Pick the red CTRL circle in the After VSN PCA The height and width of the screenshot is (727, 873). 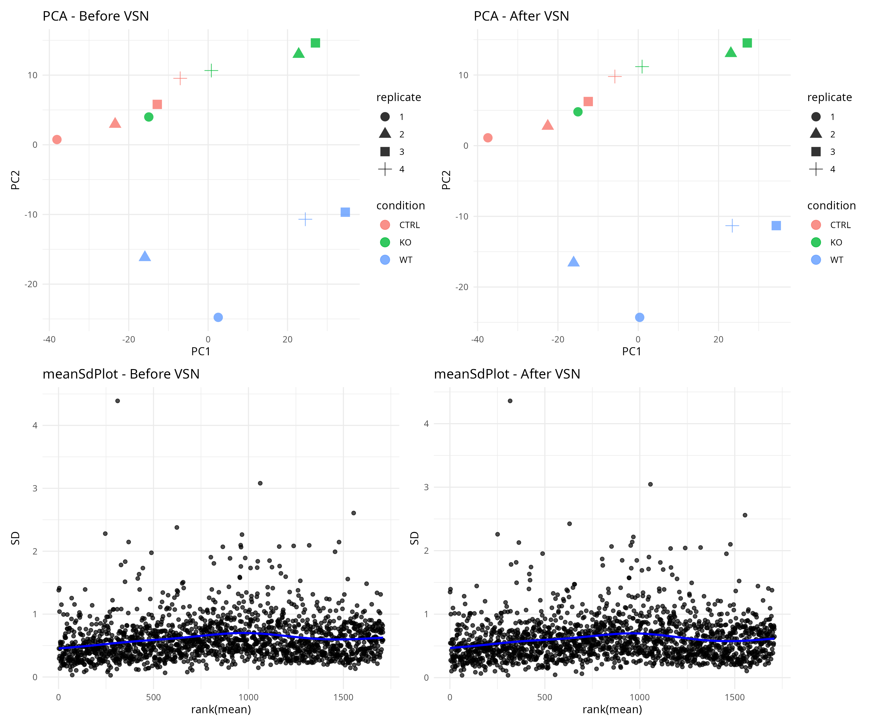coord(488,137)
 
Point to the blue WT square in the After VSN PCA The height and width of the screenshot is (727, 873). coord(776,226)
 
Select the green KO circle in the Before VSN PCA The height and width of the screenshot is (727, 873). coord(148,117)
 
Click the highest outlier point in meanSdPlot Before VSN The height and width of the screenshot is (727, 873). coord(118,401)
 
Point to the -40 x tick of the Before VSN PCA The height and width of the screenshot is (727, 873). coord(49,340)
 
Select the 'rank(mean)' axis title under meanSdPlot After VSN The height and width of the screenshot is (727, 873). coord(612,710)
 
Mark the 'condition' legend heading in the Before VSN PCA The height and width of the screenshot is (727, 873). coord(400,206)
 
